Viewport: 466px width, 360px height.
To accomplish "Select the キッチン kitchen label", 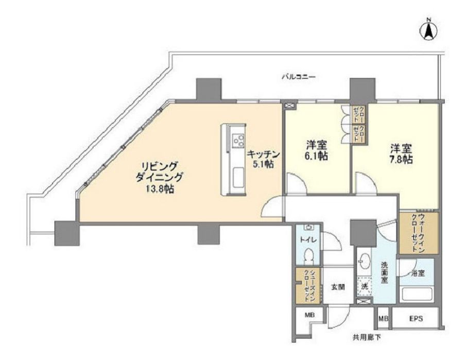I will pyautogui.click(x=263, y=154).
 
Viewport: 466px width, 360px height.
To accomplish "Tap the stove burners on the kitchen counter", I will pyautogui.click(x=238, y=140).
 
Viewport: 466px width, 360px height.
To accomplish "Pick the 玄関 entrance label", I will pyautogui.click(x=338, y=287).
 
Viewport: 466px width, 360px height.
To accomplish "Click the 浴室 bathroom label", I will pyautogui.click(x=419, y=273).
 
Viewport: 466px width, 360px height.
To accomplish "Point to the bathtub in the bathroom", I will pyautogui.click(x=418, y=295).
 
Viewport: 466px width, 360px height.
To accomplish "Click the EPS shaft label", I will pyautogui.click(x=416, y=319).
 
